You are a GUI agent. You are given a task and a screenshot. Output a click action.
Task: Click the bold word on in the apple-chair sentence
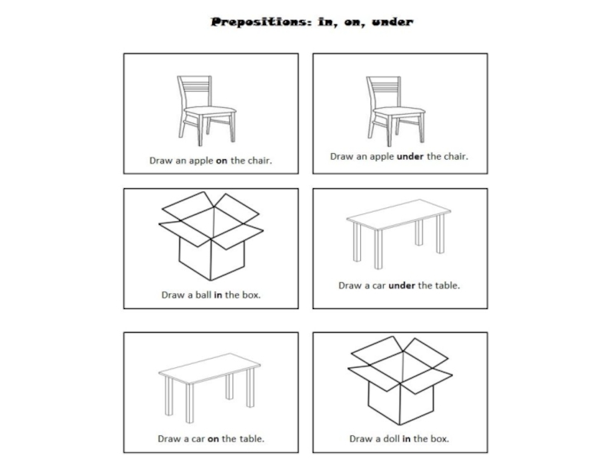coord(221,161)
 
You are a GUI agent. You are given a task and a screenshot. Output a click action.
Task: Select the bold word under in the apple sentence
coord(410,157)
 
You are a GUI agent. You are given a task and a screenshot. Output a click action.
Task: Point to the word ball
coord(203,295)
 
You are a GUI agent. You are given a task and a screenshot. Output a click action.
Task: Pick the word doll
coord(392,438)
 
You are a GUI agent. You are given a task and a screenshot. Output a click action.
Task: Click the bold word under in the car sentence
coord(402,285)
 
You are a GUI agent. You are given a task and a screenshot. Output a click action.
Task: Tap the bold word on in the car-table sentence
coord(213,439)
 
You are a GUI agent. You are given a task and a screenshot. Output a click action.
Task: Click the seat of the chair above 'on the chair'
coord(210,111)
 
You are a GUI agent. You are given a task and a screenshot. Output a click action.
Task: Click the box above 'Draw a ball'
coord(211,236)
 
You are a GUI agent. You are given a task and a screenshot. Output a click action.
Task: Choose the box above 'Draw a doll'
coord(400,380)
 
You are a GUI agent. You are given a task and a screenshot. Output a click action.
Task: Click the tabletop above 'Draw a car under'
coord(398,214)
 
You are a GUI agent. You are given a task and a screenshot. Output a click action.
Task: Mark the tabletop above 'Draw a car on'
coord(209,368)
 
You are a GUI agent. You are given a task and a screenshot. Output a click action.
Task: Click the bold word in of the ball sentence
coord(218,295)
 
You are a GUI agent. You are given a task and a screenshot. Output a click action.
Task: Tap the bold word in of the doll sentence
coord(407,438)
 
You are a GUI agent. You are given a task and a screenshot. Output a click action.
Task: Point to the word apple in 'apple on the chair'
coord(201,161)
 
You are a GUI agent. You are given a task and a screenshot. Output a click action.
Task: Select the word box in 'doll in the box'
coord(439,438)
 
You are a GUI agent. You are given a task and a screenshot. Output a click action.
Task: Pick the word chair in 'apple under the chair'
coord(456,157)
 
